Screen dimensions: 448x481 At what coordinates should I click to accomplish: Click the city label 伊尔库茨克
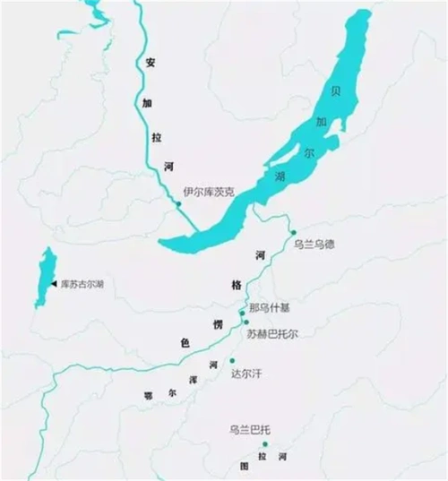209,192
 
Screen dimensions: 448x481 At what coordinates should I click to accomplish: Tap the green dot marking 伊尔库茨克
178,204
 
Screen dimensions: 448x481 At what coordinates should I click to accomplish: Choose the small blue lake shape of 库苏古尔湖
41,279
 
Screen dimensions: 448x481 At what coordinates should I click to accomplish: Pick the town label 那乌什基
270,307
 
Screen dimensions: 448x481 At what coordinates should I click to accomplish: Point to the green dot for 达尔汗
232,360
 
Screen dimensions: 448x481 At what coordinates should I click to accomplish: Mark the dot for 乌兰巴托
264,444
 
